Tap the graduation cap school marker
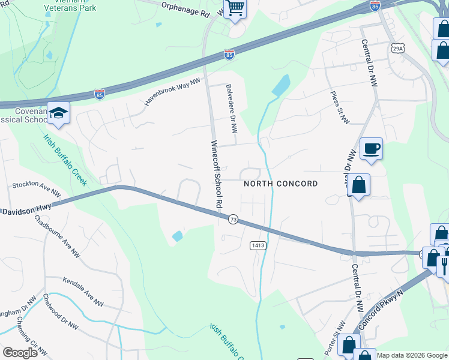tap(59, 113)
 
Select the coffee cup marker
tap(371, 148)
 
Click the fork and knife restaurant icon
tap(445, 262)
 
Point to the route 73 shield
tap(234, 220)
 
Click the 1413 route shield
tap(258, 245)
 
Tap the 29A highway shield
tap(397, 48)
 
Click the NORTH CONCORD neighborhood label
tap(281, 184)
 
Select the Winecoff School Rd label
tap(217, 175)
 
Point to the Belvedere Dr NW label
tap(232, 109)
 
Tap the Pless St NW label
tap(339, 108)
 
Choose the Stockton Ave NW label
tap(37, 189)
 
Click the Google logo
tap(20, 352)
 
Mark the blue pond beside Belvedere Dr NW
tap(281, 86)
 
